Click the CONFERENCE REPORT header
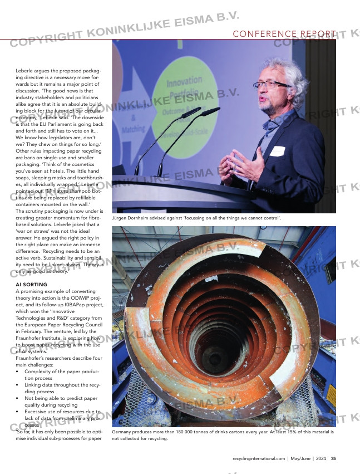pyautogui.click(x=284, y=34)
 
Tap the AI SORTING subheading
pyautogui.click(x=35, y=285)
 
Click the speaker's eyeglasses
pyautogui.click(x=272, y=85)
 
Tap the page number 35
pyautogui.click(x=333, y=458)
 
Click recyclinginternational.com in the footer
pyautogui.click(x=259, y=458)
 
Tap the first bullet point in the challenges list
pyautogui.click(x=18, y=372)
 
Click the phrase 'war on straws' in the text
pyautogui.click(x=33, y=231)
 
